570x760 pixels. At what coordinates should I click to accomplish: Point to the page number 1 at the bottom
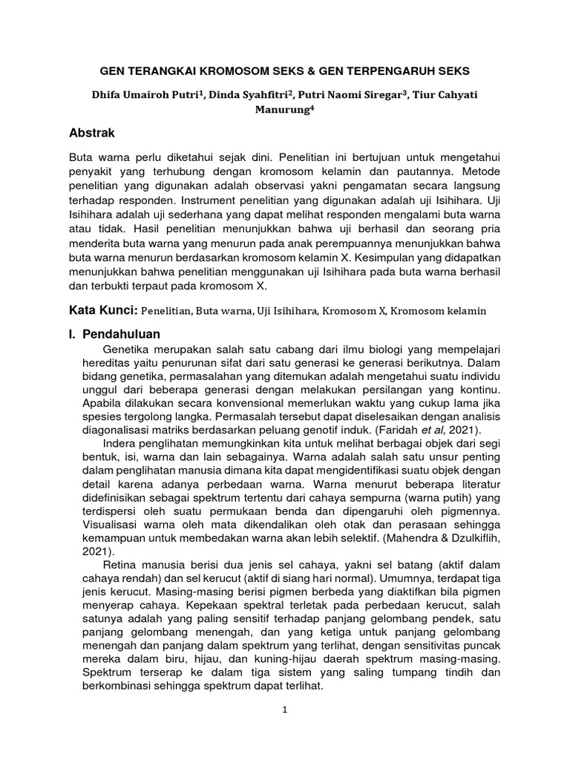click(x=285, y=709)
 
